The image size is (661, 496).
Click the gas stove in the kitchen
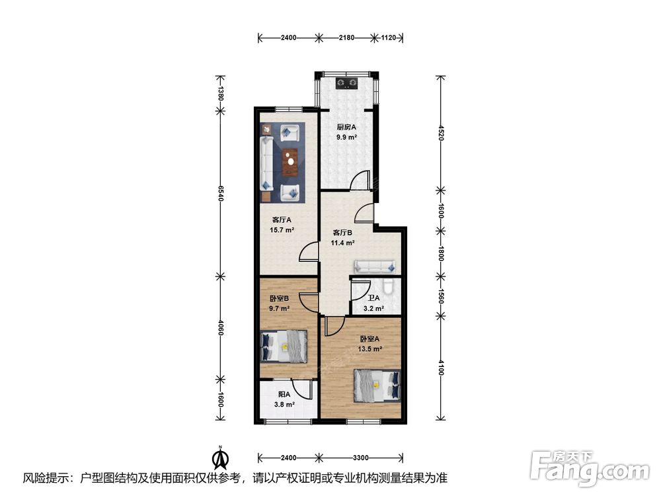click(x=346, y=83)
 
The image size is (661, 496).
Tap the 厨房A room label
click(x=346, y=126)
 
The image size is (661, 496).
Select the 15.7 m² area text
click(x=282, y=230)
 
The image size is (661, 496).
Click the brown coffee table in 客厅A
click(x=290, y=162)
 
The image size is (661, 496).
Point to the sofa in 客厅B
click(x=375, y=266)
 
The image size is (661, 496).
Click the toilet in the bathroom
click(x=390, y=287)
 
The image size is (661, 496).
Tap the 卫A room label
click(x=373, y=298)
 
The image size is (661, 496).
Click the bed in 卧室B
click(x=284, y=347)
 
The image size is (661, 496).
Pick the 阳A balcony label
click(x=284, y=394)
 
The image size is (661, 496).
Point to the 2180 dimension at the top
click(x=346, y=38)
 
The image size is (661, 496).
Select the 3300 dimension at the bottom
click(x=361, y=458)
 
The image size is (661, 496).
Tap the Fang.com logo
click(x=590, y=469)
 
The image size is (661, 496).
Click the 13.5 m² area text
click(x=369, y=349)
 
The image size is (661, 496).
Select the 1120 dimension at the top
click(x=388, y=38)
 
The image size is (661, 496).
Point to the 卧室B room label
click(x=279, y=298)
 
